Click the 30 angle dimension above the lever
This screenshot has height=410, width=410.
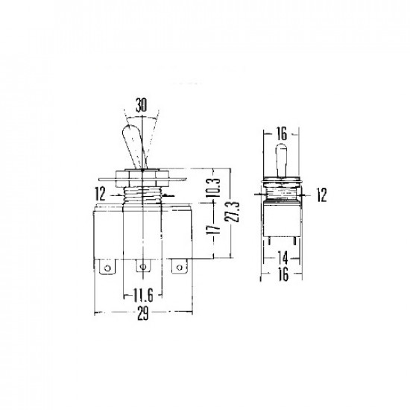pos(142,105)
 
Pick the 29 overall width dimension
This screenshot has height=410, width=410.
pos(142,314)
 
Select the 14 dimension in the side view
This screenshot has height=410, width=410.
pos(283,258)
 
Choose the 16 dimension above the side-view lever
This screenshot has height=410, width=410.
pos(283,135)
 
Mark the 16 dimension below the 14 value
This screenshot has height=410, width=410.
pos(283,274)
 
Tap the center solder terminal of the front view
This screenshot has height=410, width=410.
pos(142,265)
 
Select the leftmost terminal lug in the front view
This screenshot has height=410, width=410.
pos(108,265)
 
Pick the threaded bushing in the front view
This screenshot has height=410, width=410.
pos(142,196)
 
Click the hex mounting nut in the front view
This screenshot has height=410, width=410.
pos(142,177)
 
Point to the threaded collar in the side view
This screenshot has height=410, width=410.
pos(283,192)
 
